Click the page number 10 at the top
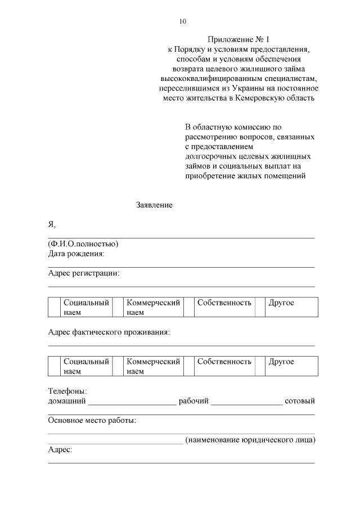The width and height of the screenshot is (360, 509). click(x=182, y=21)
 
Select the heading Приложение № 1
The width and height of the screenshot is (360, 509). click(x=238, y=39)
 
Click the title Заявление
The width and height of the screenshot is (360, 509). click(x=154, y=205)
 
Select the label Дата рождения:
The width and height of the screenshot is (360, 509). click(x=76, y=254)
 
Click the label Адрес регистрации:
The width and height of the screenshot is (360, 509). click(x=84, y=273)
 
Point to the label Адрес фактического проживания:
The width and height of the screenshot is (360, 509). click(x=109, y=332)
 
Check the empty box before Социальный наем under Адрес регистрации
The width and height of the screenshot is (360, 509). click(x=54, y=308)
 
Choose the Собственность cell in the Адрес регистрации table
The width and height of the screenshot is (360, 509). click(x=224, y=303)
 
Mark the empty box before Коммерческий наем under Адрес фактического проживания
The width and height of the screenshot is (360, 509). click(x=118, y=366)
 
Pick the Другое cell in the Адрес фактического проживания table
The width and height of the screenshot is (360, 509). click(x=281, y=362)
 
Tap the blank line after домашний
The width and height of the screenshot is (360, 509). click(x=132, y=402)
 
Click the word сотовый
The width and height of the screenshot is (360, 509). click(x=300, y=401)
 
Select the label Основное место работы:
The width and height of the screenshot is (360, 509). click(x=92, y=420)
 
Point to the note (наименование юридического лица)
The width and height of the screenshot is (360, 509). click(x=250, y=440)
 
